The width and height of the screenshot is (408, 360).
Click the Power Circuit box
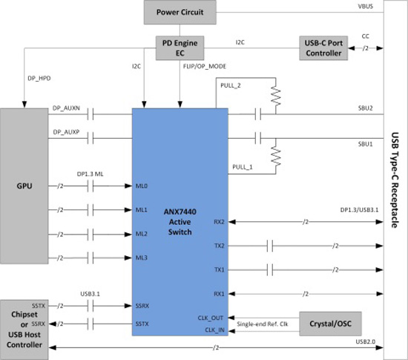180,12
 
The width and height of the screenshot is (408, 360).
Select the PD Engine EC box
180,48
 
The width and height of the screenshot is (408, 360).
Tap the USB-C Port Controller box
323,48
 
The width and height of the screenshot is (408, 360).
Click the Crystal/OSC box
330,324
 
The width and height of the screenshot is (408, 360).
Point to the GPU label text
24,186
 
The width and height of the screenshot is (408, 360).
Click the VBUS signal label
365,7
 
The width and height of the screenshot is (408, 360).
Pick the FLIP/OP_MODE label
205,66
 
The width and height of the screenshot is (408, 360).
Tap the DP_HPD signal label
39,79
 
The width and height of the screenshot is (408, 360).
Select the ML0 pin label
142,186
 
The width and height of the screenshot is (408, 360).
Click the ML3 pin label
142,258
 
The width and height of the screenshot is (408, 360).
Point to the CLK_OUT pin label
211,318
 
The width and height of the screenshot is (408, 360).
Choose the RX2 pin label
219,222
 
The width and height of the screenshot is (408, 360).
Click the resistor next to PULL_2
276,96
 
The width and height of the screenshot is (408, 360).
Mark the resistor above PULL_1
276,157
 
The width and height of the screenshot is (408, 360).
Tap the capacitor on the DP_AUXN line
91,114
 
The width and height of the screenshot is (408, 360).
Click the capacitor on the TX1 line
270,269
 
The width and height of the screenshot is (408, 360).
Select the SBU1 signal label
365,144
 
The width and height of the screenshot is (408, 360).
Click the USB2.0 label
366,341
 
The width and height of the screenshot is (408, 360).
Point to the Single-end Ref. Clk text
263,324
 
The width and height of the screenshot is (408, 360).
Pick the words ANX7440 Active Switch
180,222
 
